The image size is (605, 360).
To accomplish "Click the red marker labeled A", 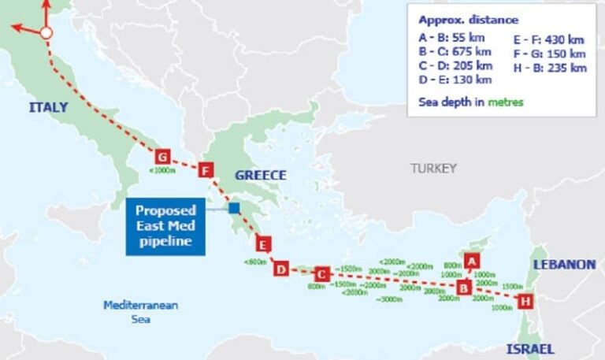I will click(471, 259).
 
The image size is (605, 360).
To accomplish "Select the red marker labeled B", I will click(464, 286).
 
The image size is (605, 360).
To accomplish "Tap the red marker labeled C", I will click(321, 274).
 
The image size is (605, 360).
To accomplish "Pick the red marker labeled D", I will click(281, 269).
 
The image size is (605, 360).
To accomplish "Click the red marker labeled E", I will click(263, 243).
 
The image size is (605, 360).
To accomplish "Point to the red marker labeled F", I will click(206, 169).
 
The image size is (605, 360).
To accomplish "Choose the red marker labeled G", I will click(162, 155).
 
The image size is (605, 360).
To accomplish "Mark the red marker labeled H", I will click(525, 300).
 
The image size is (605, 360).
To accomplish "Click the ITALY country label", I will click(48, 107).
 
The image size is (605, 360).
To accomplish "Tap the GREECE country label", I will click(260, 175).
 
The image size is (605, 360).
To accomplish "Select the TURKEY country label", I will click(433, 168).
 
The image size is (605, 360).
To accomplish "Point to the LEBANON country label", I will click(564, 265).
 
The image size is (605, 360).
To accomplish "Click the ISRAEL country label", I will click(530, 349).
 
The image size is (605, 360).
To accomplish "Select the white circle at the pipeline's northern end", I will click(46, 33).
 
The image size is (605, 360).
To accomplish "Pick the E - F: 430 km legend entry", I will click(549, 38).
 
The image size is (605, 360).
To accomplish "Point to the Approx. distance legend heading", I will click(468, 20).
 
